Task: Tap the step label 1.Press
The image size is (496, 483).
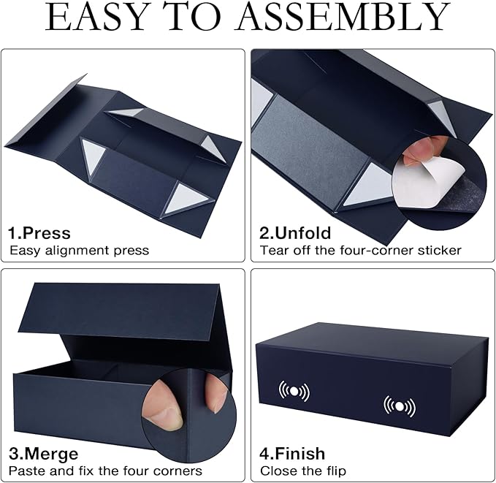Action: pos(39,233)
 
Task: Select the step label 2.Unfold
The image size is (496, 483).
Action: pos(296,233)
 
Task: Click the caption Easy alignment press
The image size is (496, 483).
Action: pos(79,251)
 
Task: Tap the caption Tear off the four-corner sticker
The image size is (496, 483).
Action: pos(361,251)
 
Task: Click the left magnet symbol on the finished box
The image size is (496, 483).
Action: pos(294,390)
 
